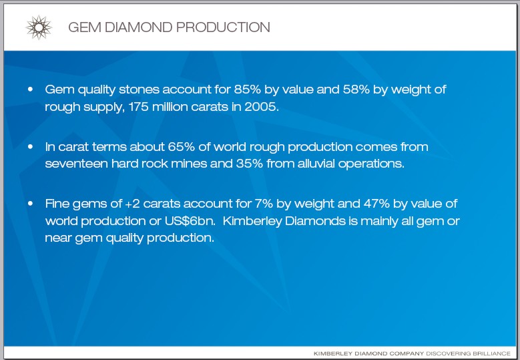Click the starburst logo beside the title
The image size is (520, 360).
39,27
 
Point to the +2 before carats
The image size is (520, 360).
132,204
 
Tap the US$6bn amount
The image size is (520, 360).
190,221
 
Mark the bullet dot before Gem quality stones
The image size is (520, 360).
31,89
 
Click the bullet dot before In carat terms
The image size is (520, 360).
31,146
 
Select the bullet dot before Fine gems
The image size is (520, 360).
31,203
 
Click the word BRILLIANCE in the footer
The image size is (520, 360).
492,354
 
